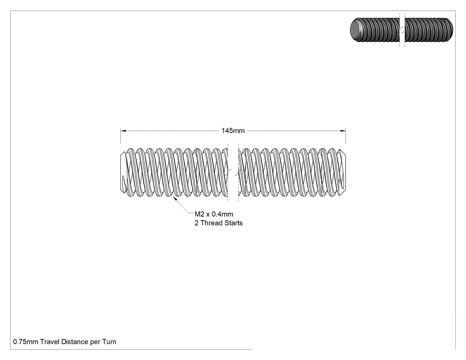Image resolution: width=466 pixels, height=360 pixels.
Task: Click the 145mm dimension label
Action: [233, 131]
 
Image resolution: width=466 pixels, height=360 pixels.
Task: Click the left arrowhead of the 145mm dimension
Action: [123, 131]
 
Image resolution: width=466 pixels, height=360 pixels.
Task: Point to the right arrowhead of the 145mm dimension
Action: [343, 131]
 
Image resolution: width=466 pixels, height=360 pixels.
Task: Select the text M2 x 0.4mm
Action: [214, 214]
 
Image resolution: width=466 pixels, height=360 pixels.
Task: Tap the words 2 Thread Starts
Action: [218, 223]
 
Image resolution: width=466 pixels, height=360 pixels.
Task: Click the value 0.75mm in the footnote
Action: [26, 342]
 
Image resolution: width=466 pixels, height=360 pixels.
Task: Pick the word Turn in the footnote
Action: [109, 342]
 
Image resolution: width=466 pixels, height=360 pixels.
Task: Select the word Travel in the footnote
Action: [50, 342]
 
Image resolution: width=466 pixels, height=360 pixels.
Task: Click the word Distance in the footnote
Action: [75, 342]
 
